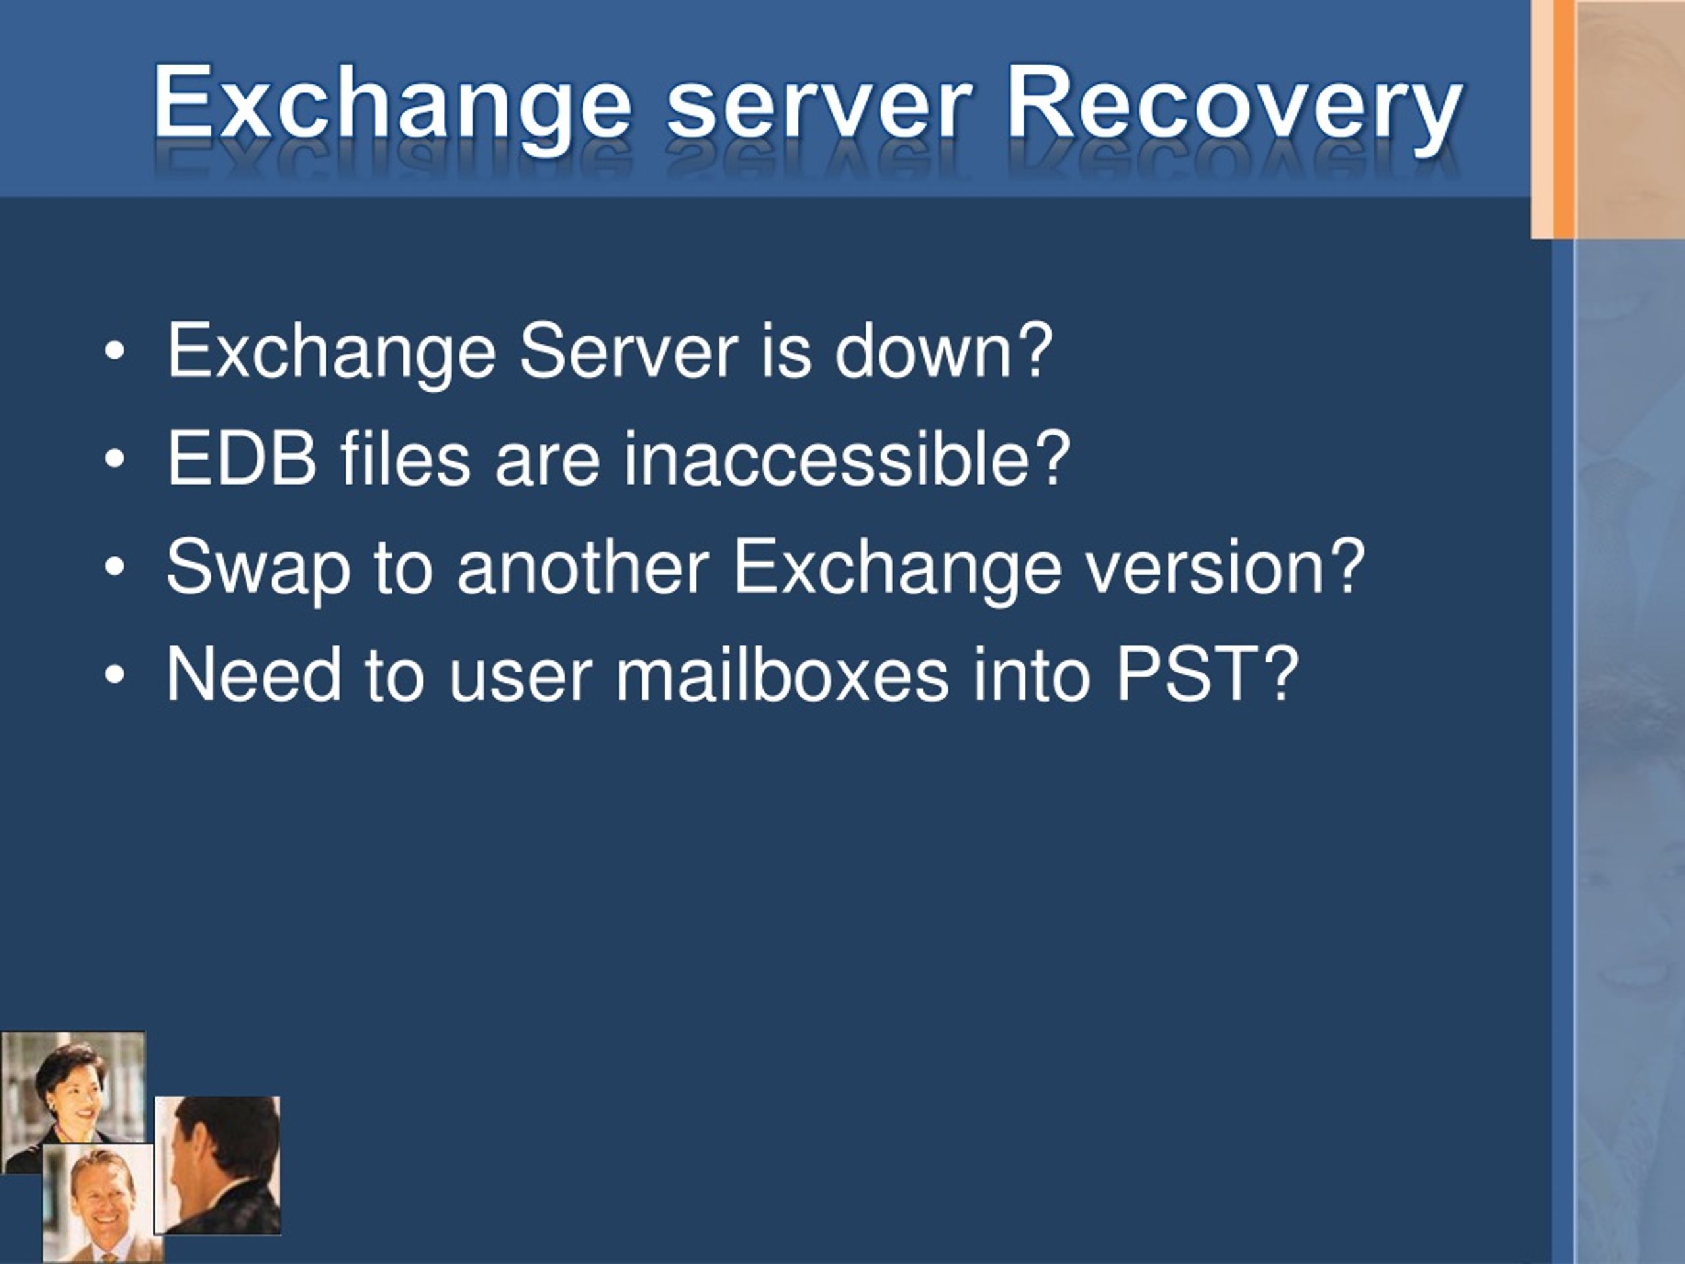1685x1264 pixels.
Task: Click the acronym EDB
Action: click(x=242, y=459)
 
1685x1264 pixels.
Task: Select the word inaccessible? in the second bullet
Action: click(x=847, y=458)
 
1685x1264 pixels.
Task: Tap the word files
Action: click(x=405, y=458)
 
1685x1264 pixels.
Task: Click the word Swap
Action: click(x=258, y=568)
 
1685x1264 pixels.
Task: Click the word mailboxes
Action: click(x=781, y=673)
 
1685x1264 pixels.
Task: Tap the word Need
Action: click(x=253, y=674)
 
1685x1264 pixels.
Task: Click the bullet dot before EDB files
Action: click(x=115, y=460)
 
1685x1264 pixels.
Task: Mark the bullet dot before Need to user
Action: click(x=115, y=675)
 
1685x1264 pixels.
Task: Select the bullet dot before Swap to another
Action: click(x=115, y=567)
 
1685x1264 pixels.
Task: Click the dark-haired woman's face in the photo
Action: click(x=74, y=1091)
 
